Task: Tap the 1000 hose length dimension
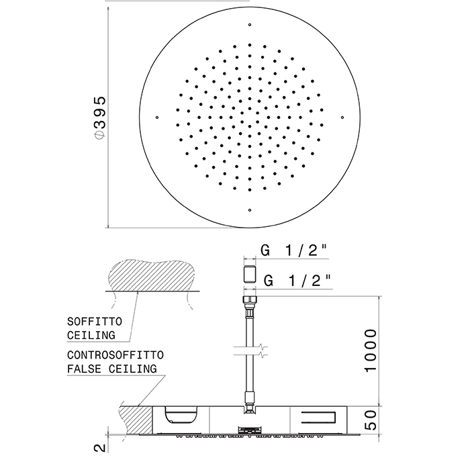[381, 350]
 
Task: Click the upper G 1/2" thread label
[294, 251]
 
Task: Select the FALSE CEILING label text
[111, 369]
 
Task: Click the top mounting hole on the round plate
[250, 26]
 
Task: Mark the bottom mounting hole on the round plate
[250, 210]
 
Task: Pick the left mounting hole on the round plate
[157, 118]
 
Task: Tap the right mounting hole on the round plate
[342, 118]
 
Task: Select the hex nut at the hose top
[250, 299]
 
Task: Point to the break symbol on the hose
[250, 350]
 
